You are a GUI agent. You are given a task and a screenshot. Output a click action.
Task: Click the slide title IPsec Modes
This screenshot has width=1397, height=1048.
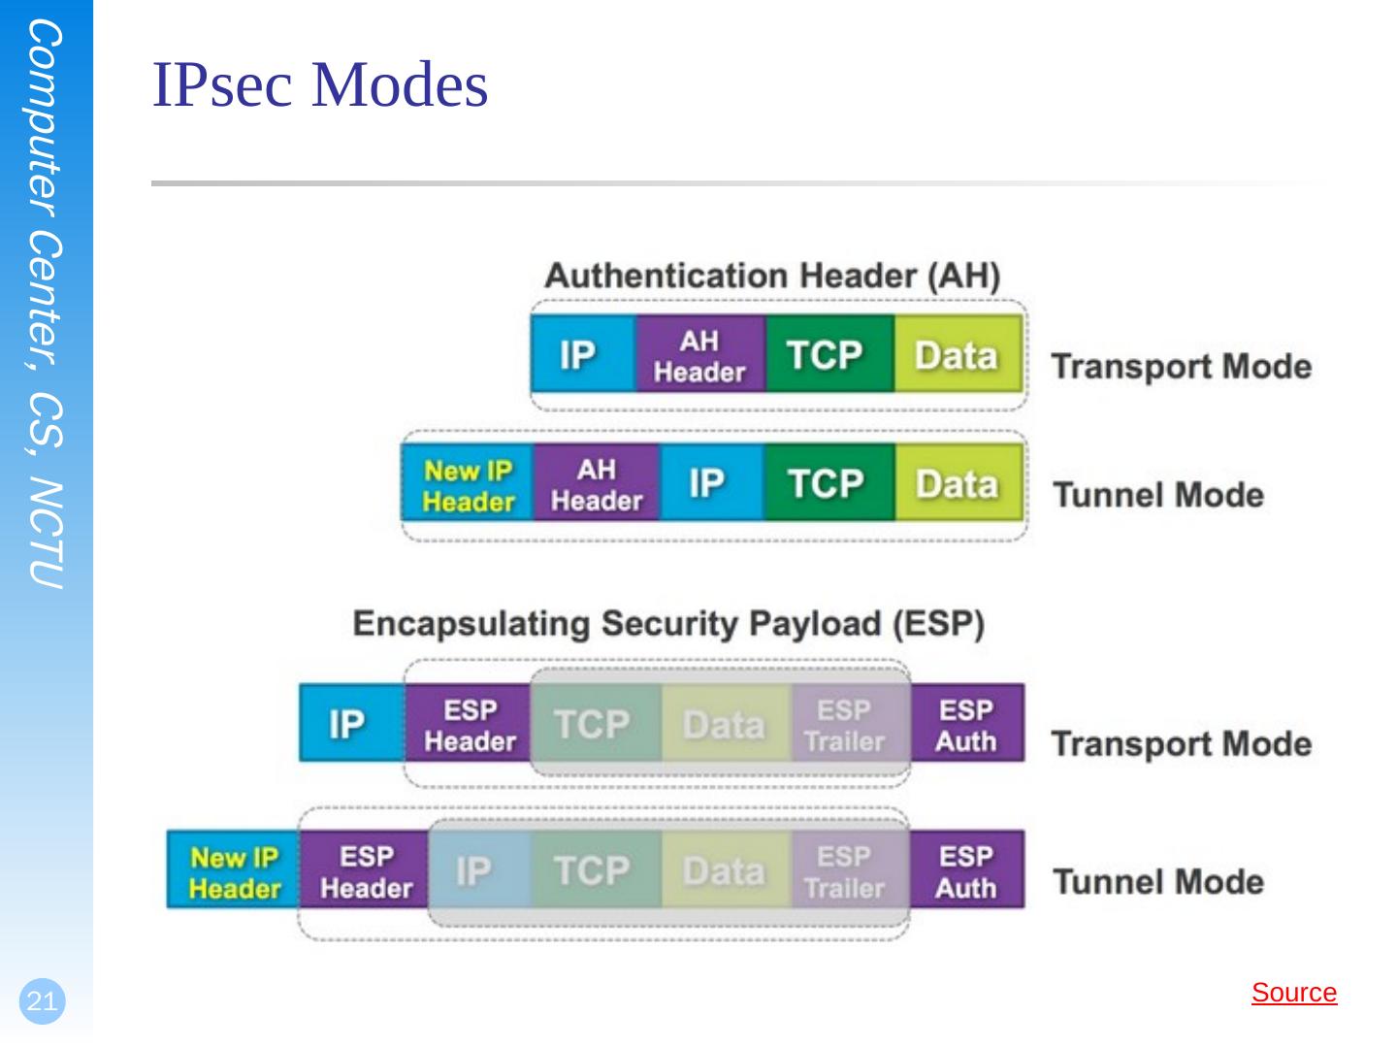coord(319,84)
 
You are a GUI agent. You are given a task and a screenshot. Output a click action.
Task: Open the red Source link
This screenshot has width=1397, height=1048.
coord(1294,993)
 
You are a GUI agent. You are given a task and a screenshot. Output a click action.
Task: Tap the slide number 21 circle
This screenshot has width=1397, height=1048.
coord(43,1000)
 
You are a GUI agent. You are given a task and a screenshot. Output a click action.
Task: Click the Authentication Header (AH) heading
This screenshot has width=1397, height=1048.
coord(772,277)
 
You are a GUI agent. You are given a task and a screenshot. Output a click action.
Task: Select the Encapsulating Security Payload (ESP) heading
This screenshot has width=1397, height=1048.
coord(668,624)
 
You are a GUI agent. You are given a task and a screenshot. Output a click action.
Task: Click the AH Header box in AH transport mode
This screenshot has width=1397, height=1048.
coord(700,354)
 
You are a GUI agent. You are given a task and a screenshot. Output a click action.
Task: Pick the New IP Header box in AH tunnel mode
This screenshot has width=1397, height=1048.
coord(468,483)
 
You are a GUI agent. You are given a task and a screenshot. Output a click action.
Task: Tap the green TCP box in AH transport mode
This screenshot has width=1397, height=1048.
coord(829,354)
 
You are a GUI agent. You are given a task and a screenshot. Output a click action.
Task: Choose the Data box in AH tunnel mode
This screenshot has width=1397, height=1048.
coord(958,483)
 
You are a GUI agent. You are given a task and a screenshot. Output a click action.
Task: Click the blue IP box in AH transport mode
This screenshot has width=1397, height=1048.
coord(584,354)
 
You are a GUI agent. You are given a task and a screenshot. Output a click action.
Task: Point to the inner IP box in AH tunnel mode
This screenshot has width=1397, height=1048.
coord(712,483)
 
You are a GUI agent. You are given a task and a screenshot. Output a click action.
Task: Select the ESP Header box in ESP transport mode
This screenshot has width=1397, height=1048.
coord(469,723)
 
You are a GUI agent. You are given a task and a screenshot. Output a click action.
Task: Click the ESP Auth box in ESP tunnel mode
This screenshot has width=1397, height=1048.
coord(967,869)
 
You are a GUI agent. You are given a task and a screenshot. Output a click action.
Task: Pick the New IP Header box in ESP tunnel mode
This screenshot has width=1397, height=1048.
coord(234,869)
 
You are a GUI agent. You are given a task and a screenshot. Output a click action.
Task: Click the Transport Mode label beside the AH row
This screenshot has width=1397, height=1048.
coord(1182,367)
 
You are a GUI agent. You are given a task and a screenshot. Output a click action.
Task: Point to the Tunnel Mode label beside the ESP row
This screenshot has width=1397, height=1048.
coord(1158,882)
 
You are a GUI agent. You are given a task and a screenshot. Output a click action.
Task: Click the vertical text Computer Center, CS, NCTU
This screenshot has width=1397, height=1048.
coord(46,304)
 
